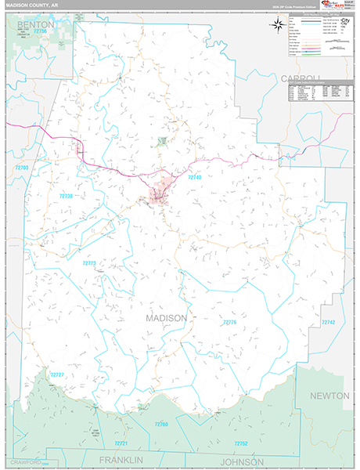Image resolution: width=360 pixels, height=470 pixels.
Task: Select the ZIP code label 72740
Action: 195,179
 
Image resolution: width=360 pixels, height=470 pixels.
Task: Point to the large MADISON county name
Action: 167,319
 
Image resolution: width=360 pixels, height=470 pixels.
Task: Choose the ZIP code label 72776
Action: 229,323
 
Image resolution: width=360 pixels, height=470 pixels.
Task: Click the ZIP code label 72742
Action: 328,323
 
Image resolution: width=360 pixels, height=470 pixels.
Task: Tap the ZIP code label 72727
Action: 57,375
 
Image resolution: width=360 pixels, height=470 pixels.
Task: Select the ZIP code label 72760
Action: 160,424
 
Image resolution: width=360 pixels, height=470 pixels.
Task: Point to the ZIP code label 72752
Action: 240,443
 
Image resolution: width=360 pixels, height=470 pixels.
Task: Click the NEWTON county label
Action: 329,396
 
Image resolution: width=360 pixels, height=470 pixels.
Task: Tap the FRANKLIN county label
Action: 121,459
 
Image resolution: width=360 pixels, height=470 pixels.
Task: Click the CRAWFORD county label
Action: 25,463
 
